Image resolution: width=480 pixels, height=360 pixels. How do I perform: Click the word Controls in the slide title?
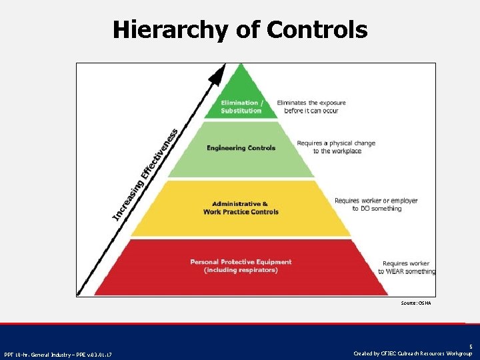(x=317, y=30)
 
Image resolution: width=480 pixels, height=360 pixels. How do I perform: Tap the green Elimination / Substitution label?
(x=241, y=107)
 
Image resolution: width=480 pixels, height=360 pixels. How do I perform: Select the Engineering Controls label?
(x=241, y=148)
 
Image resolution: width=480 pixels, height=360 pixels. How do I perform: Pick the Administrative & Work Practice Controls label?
(x=241, y=207)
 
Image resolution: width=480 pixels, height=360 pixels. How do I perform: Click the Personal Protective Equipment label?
(x=241, y=266)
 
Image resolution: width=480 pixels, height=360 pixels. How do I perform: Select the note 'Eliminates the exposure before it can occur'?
(x=311, y=107)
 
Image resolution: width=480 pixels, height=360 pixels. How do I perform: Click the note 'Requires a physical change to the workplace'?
(x=336, y=147)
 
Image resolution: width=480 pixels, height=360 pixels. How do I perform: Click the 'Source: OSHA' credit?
(x=416, y=303)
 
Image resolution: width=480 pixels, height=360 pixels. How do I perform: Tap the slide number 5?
(x=470, y=347)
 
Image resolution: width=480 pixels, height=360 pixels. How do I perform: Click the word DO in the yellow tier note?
(x=366, y=209)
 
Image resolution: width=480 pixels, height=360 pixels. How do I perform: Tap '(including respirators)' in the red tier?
(x=241, y=270)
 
